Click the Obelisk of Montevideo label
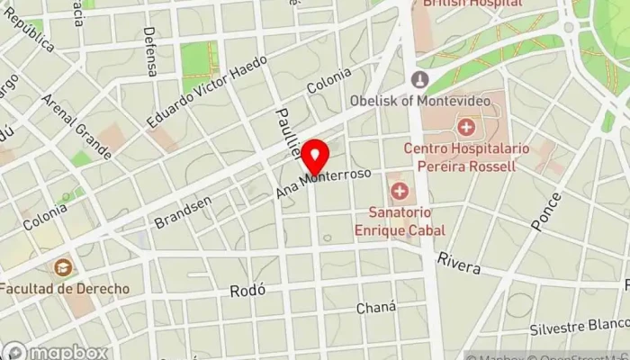coord(477,100)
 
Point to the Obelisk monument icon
coord(419,79)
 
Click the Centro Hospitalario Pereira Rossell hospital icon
coord(465,126)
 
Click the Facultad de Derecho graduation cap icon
coord(62,267)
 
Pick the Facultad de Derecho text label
coord(64,289)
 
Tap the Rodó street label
coord(245,291)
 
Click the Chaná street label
coord(375,307)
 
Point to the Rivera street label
coord(458,263)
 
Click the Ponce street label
coord(545,211)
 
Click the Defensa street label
coord(149,51)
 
